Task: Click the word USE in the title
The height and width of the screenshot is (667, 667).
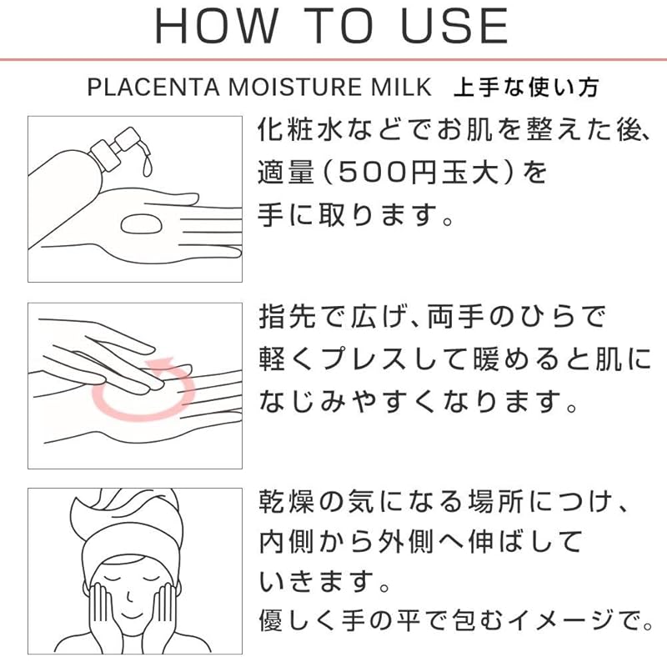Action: tap(454, 27)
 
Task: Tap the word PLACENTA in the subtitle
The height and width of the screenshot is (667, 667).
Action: tap(153, 88)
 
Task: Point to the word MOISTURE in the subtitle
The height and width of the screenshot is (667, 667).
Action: tap(296, 88)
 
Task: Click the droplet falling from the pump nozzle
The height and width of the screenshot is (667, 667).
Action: tap(148, 167)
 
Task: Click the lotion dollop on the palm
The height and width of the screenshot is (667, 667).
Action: tap(141, 224)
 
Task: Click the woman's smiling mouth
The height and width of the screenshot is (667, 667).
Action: tap(132, 615)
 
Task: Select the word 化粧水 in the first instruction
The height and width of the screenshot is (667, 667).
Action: tap(301, 129)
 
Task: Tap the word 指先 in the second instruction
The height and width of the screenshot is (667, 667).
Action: tap(287, 317)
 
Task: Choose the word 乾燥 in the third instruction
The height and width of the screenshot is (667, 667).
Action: tap(287, 502)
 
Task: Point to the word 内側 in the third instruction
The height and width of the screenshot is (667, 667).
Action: tap(287, 542)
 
